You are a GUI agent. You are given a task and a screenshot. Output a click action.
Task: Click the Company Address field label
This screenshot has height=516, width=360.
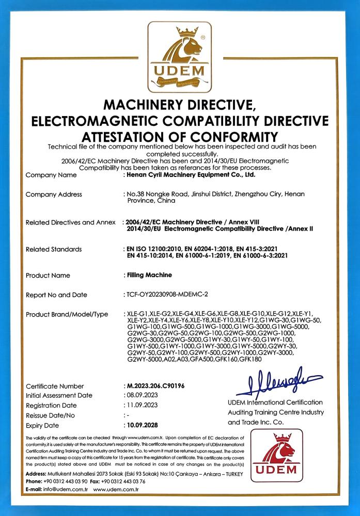(54, 195)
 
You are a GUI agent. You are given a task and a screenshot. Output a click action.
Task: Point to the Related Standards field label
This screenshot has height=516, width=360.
(54, 249)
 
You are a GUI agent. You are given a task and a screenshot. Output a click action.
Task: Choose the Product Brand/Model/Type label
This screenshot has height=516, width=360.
(67, 314)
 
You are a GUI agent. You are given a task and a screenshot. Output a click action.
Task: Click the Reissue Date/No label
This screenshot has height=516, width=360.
(51, 415)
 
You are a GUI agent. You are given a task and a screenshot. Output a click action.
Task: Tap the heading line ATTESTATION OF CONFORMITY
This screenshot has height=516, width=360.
(180, 137)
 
